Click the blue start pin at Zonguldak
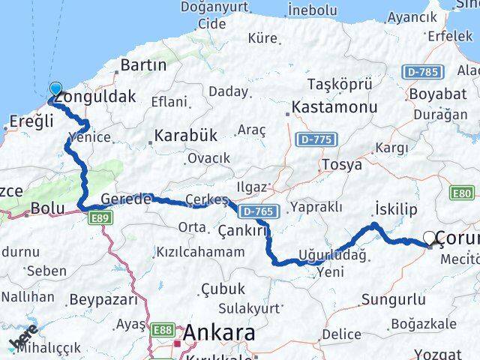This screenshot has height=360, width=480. [x=55, y=88]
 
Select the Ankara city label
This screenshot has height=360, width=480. [x=219, y=332]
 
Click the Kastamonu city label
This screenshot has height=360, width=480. [x=334, y=107]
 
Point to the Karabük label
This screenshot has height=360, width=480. [x=184, y=136]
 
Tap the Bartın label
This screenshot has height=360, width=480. [x=142, y=64]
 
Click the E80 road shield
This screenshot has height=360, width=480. [x=462, y=193]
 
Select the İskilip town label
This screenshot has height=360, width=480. [x=393, y=208]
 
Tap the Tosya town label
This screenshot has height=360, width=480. [x=341, y=164]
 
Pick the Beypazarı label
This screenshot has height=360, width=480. [x=103, y=300]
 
